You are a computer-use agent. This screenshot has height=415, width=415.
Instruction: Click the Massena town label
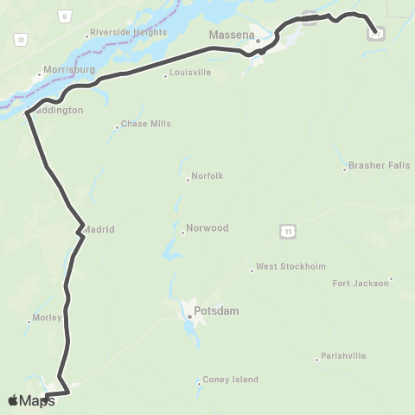(x=230, y=35)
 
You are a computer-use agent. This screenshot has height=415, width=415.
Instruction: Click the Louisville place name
(x=191, y=73)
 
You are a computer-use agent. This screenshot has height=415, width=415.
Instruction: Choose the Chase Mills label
(x=146, y=124)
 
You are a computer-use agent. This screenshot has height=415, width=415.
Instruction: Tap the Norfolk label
(x=208, y=176)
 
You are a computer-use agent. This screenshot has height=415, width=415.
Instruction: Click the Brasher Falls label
(x=378, y=164)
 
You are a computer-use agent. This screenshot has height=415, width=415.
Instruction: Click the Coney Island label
(x=230, y=380)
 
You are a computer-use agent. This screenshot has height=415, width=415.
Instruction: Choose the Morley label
(x=46, y=317)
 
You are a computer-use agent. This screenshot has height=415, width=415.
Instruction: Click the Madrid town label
(x=99, y=229)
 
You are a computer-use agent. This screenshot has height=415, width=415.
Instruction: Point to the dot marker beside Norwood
(x=184, y=232)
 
